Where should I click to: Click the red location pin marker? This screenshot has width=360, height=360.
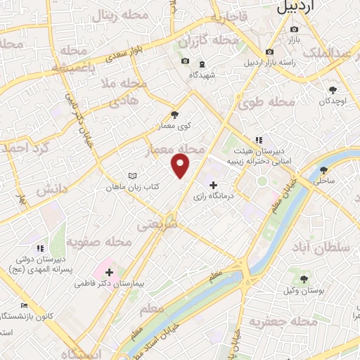point(181,165)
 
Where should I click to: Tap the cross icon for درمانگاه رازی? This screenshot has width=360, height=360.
point(213,185)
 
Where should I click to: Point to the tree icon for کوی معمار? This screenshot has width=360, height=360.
point(175,115)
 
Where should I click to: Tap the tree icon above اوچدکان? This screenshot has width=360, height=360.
point(333,90)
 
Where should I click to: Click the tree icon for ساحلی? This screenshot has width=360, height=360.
point(323,170)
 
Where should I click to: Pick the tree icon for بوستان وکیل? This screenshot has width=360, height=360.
point(304,279)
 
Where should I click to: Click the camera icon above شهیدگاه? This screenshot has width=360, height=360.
point(185,61)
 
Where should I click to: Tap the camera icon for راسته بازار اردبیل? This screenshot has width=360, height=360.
point(269,52)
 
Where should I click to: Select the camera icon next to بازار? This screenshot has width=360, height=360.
point(294,29)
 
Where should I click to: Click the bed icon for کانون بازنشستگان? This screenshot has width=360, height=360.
point(25,306)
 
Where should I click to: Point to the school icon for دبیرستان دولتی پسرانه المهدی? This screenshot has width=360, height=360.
point(40,248)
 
